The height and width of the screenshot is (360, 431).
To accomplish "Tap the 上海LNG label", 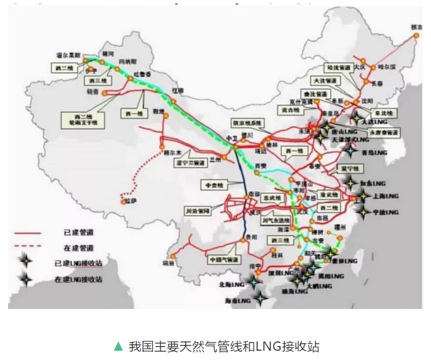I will click(385, 197).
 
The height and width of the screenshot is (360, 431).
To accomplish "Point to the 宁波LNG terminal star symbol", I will click(363, 213).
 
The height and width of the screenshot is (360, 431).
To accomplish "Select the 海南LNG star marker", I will click(262, 299).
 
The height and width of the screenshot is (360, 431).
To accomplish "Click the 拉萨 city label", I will click(131, 201).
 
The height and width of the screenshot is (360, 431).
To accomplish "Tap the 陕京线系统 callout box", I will click(247, 123).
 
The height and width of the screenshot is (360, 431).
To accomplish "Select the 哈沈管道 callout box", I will click(339, 68).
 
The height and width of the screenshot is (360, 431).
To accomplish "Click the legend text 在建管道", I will click(79, 248).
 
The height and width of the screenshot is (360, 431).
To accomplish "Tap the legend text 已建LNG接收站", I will click(79, 263).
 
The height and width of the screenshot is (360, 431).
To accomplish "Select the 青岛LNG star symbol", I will click(351, 152).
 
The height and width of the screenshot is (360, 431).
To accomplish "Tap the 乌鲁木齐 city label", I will click(142, 75).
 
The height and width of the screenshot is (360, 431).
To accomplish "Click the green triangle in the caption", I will click(119, 347).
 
